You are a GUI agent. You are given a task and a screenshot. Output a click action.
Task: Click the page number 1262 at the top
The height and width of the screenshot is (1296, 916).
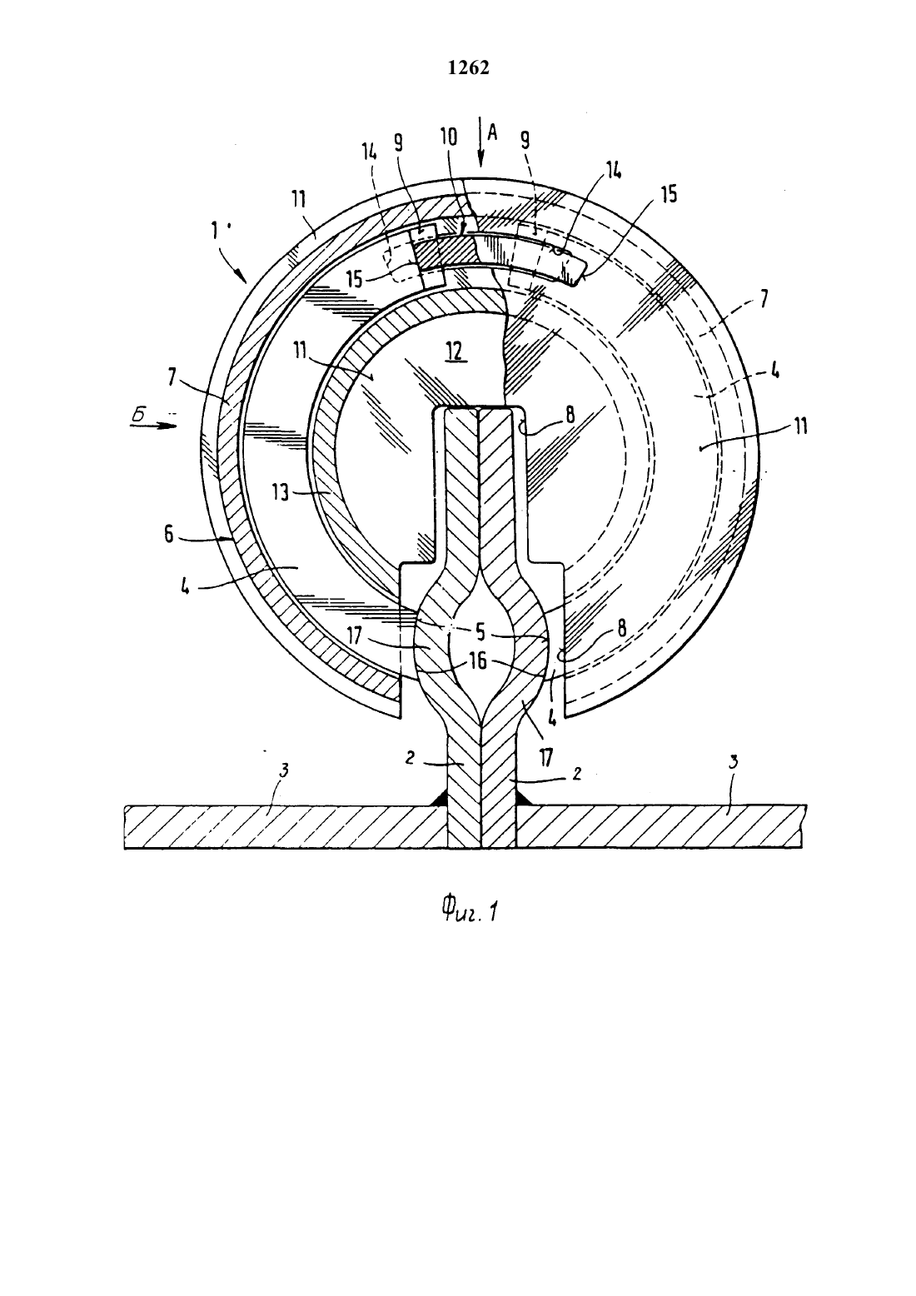pos(468,68)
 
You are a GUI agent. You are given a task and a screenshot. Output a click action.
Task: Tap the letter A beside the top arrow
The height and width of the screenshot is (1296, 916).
pos(492,133)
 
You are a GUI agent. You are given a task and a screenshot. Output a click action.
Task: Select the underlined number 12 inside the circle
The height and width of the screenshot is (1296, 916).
pos(455,352)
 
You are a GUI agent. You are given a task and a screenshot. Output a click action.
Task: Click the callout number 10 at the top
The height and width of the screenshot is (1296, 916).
pos(449,137)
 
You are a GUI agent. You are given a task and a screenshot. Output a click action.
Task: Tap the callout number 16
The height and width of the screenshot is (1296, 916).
pos(478,660)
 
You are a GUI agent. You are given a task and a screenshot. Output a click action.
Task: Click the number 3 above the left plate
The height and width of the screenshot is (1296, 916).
pos(283,770)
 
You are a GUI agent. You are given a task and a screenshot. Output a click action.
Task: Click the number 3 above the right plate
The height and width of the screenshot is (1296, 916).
pos(734,763)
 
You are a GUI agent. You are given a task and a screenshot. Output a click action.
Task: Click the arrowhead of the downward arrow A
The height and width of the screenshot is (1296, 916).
pos(480,160)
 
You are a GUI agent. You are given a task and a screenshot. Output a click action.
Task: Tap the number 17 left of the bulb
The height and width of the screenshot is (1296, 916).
pos(354,636)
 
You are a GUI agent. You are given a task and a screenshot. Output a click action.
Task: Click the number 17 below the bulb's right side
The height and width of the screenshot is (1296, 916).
pos(546,757)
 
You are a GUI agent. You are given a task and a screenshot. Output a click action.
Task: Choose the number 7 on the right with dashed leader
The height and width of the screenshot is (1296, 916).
pos(764,300)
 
